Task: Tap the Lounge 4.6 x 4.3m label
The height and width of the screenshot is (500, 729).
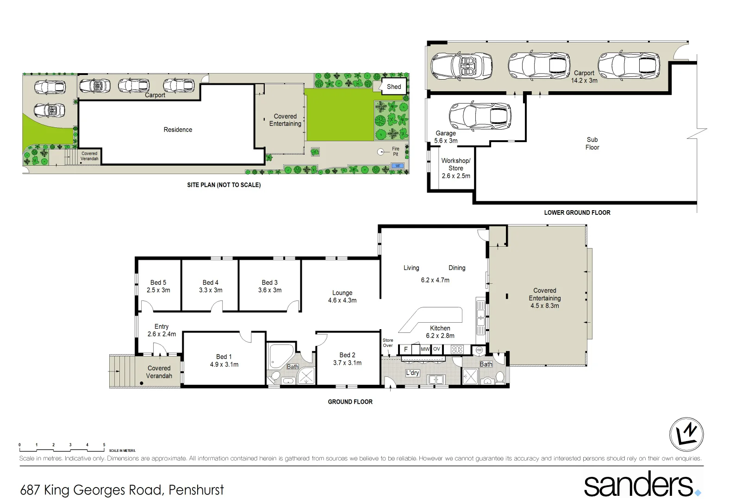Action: tap(342, 296)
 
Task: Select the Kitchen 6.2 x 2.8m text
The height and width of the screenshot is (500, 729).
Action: tap(440, 331)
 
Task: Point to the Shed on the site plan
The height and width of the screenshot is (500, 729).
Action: tap(394, 87)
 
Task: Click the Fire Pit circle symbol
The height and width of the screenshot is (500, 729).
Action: tap(381, 151)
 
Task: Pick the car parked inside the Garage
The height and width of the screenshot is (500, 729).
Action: tap(480, 116)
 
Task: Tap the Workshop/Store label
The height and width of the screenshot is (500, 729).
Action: tap(455, 168)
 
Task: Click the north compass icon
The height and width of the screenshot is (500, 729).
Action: tap(686, 434)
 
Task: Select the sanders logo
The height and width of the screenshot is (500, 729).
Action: tap(641, 484)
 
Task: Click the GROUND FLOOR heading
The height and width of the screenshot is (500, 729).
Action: tap(350, 402)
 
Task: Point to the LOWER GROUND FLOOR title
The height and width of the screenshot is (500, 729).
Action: tap(577, 212)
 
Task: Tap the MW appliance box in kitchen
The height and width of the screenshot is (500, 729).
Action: tap(425, 349)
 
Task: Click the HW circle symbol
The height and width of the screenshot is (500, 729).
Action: tap(479, 350)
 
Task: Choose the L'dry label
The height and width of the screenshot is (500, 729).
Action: tap(412, 373)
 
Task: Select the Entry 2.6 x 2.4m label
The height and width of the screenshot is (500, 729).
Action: tap(162, 330)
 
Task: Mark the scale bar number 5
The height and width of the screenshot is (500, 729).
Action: tap(104, 444)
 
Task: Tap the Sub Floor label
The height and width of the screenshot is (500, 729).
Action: tap(592, 144)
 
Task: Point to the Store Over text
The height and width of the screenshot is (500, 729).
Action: tap(387, 343)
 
